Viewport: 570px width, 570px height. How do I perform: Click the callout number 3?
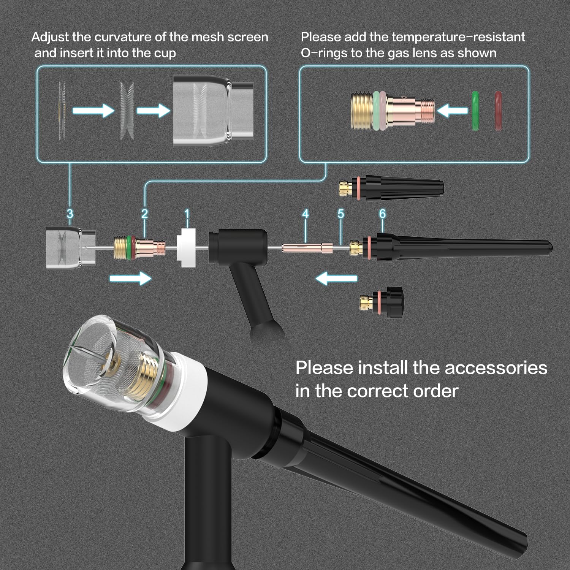point(70,214)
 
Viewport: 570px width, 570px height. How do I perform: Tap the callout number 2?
point(144,214)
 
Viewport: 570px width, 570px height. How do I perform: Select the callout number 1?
point(187,214)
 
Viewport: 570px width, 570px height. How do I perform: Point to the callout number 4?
point(306,214)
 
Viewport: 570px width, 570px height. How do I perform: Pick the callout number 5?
point(340,214)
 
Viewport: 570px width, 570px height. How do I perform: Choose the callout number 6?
point(382,214)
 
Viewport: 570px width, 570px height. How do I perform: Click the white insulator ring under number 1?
point(187,247)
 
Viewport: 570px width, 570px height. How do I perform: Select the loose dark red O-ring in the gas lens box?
point(498,111)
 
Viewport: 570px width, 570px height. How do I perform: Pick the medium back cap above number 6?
point(391,187)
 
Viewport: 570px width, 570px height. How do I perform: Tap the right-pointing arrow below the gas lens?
point(130,278)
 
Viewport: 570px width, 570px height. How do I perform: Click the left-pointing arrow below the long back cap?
point(336,279)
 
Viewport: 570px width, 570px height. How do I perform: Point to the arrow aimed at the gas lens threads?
point(452,111)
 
